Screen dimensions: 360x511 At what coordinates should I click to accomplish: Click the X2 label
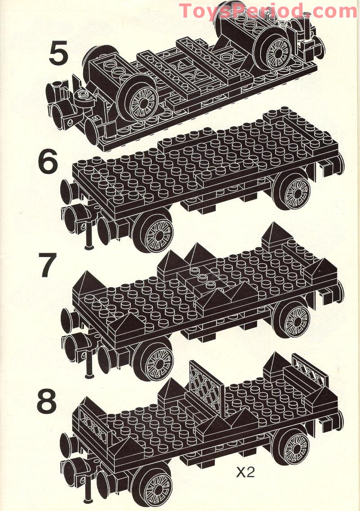click(245, 472)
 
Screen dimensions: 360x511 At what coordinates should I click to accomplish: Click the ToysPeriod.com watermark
click(268, 11)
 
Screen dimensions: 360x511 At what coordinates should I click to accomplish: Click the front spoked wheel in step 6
click(153, 232)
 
